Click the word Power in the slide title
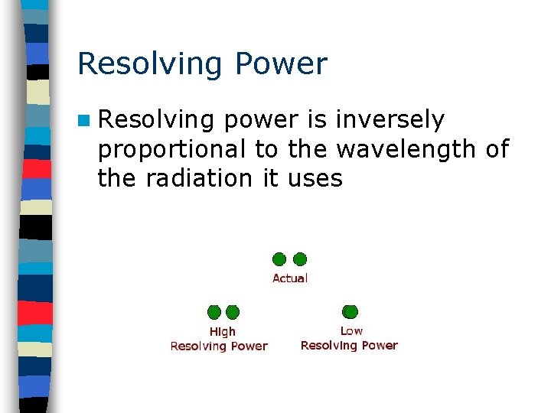(x=282, y=63)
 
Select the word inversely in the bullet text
(x=390, y=120)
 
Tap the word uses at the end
(x=315, y=179)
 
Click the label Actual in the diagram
(x=290, y=278)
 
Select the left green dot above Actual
(x=279, y=259)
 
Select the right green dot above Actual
(x=300, y=259)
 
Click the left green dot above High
(x=214, y=312)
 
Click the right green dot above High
(x=233, y=312)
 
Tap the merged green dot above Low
(x=350, y=311)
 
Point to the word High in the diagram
(x=223, y=332)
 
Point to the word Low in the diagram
(x=351, y=331)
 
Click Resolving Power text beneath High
(x=219, y=346)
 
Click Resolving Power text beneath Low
(x=349, y=346)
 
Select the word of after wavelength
(x=497, y=149)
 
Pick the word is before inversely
(x=315, y=120)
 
